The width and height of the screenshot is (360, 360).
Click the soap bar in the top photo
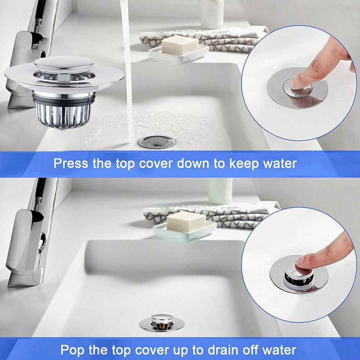tap(180, 45)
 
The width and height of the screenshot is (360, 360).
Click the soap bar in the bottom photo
tap(186, 222)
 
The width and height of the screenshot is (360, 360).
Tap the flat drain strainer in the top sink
tap(157, 142)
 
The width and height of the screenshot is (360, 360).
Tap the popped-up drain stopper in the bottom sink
tap(162, 322)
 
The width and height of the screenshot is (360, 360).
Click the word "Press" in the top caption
tap(71, 164)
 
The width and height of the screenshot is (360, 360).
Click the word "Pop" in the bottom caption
tap(72, 350)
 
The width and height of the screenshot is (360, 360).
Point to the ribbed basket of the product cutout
tap(64, 115)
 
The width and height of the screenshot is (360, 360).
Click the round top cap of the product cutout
tap(64, 63)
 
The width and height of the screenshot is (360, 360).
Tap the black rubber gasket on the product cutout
tap(64, 100)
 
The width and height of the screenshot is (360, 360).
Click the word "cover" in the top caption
tap(155, 164)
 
